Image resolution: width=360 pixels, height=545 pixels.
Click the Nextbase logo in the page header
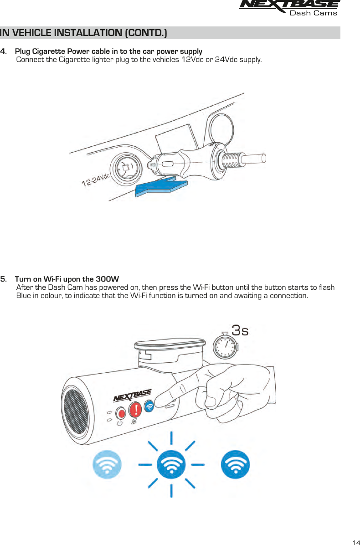coord(289,6)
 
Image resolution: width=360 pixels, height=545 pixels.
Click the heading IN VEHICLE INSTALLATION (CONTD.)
coord(83,33)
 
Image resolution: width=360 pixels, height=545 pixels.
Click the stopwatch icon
coord(225,345)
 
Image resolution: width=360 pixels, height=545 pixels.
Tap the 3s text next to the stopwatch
coord(240,330)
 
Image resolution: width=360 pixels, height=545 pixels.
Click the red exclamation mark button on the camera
coord(135,410)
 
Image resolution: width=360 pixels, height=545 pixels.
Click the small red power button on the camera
coord(121,413)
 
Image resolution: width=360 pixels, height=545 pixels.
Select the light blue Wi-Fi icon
coord(108,465)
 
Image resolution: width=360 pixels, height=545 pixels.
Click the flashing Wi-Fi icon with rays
coord(171,465)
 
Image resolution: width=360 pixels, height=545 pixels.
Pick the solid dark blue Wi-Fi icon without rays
coord(235,465)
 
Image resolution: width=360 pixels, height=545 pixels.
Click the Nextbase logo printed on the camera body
coord(132,395)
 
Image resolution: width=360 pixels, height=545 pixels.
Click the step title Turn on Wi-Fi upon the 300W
coord(67,279)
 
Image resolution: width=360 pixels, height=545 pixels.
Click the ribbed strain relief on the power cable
coord(233,160)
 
